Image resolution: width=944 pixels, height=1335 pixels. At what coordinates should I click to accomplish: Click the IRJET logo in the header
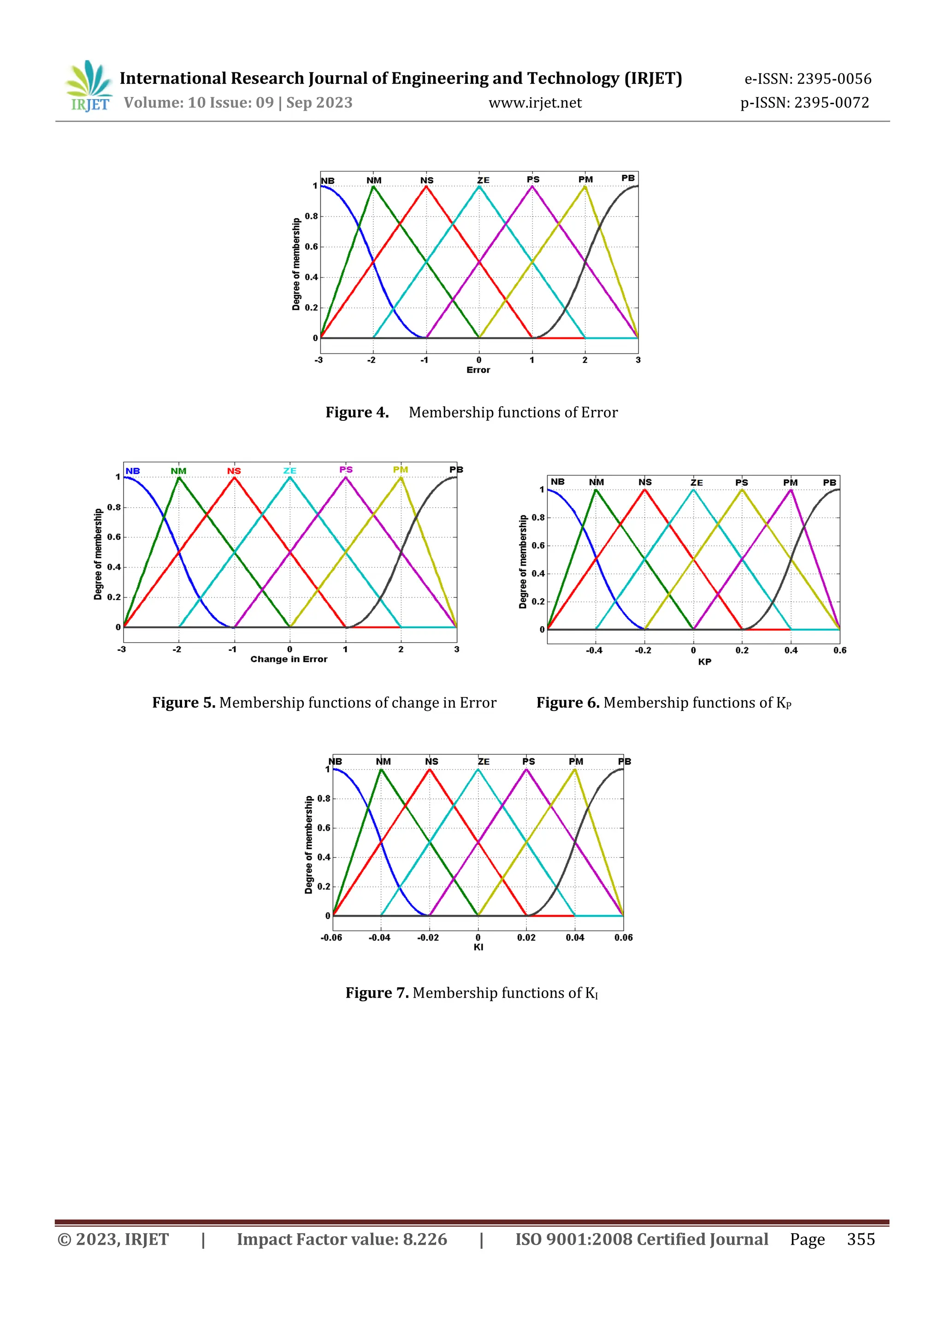pos(88,87)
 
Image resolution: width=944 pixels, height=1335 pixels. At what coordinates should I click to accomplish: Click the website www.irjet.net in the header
pos(535,103)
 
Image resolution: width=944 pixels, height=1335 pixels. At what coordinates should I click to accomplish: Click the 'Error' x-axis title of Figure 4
pos(478,370)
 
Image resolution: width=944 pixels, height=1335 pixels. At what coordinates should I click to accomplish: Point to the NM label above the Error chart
pos(374,180)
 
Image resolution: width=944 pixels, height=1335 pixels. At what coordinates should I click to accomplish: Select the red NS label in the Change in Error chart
pos(234,471)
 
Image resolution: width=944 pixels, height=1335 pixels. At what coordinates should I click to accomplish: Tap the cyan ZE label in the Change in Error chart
pos(289,471)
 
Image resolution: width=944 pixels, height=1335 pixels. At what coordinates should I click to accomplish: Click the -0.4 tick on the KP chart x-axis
pos(594,650)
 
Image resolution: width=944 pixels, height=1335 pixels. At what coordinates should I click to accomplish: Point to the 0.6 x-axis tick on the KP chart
pos(839,650)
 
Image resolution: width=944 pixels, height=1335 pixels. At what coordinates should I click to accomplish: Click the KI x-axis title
pos(478,947)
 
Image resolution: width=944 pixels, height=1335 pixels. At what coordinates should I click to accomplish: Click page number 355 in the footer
pos(860,1239)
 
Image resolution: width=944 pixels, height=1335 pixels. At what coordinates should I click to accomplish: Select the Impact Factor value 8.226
pos(425,1239)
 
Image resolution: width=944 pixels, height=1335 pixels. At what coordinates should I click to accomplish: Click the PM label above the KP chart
pos(790,483)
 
